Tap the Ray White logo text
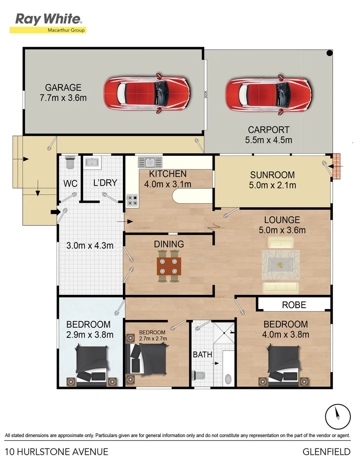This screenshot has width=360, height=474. pos(48,19)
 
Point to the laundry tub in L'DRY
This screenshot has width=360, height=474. pos(93,163)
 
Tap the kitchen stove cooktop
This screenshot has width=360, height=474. pos(132,201)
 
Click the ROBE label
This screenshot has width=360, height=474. pos(294,305)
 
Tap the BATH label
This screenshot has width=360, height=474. pos(202,354)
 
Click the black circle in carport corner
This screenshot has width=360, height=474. pos(329,54)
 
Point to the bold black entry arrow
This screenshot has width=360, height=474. pos(54,212)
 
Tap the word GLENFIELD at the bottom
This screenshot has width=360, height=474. pos(327,452)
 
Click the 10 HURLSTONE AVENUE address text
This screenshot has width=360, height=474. pos(57,452)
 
